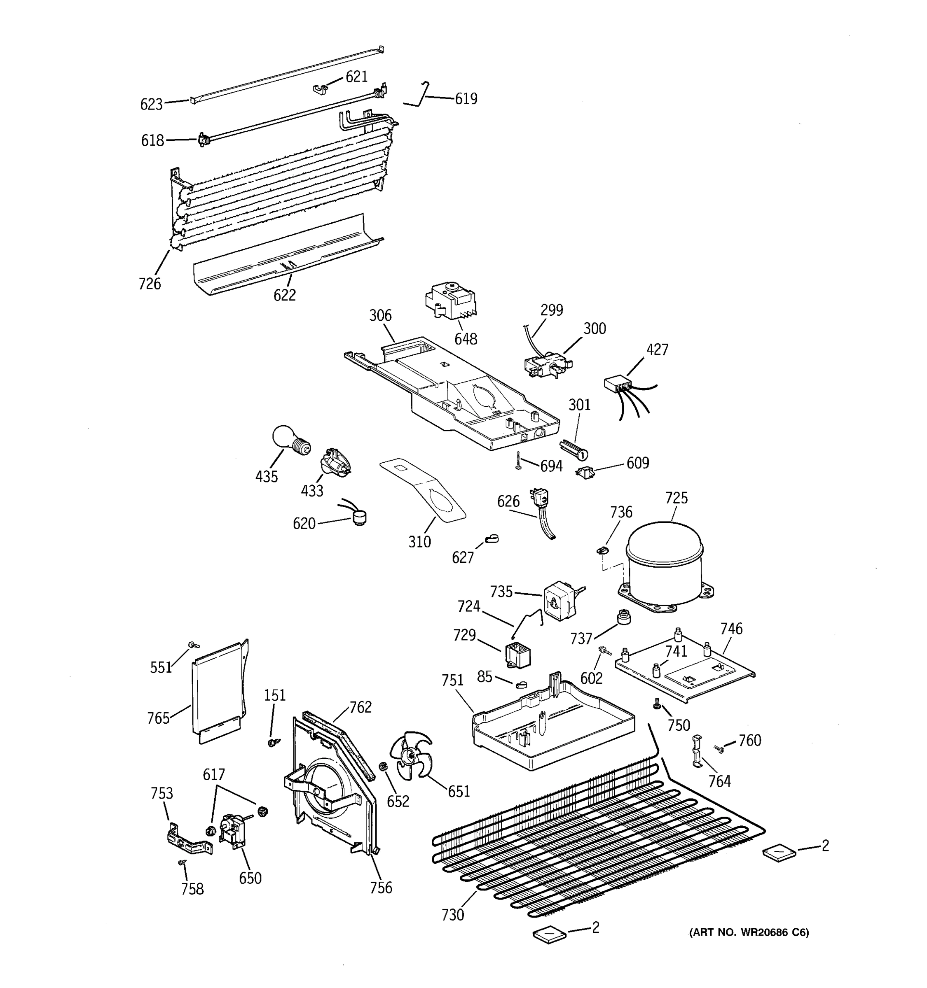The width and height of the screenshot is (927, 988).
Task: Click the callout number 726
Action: pyautogui.click(x=150, y=284)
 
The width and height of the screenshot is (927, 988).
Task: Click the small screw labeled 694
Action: pyautogui.click(x=519, y=461)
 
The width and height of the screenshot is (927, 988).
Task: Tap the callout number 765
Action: pyautogui.click(x=158, y=718)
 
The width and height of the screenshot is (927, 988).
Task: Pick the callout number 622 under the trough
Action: pyautogui.click(x=284, y=295)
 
